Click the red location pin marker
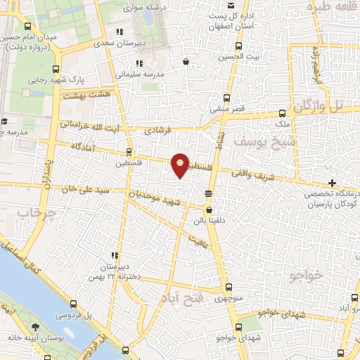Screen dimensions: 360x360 point(181,165)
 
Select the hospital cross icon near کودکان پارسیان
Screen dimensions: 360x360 point(331,183)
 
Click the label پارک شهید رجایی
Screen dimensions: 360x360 point(51,80)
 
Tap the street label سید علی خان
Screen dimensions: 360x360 point(67,189)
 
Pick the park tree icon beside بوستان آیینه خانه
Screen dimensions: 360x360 point(34,327)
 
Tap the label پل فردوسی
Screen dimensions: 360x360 point(71,315)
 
